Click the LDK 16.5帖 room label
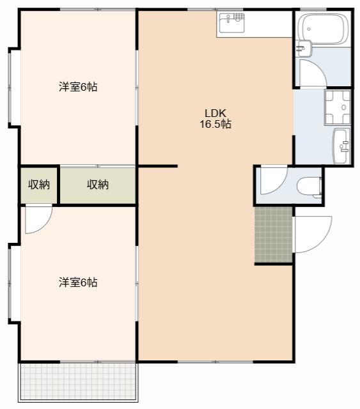click(215, 119)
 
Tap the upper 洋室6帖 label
click(78, 87)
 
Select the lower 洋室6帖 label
click(78, 282)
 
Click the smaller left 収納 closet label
click(39, 185)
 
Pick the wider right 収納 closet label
click(98, 185)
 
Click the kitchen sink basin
click(232, 23)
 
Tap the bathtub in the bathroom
click(324, 29)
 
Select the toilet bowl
click(309, 186)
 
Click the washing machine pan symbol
click(338, 107)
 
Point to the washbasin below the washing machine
click(341, 146)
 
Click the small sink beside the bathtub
click(303, 49)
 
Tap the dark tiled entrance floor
click(274, 235)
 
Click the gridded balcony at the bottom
click(78, 382)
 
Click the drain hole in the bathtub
click(309, 29)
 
